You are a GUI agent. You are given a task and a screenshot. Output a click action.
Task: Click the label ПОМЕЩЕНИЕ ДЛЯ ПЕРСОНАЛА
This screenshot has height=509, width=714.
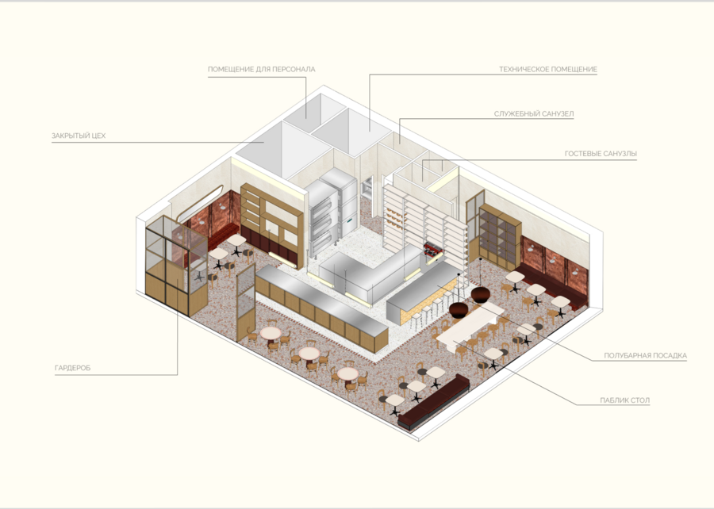point(261,70)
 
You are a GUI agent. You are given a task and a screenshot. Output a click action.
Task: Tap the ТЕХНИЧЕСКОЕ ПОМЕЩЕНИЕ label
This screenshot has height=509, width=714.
point(547,70)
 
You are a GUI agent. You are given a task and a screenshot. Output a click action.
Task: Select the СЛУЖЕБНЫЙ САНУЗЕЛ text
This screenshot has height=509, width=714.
point(534,113)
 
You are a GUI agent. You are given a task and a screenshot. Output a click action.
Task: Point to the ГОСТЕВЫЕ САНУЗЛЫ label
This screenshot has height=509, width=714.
point(601,154)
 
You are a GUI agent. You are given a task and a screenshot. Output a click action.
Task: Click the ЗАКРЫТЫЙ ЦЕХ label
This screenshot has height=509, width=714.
point(79,136)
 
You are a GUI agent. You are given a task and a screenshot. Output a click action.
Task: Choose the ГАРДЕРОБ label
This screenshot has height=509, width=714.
point(72,368)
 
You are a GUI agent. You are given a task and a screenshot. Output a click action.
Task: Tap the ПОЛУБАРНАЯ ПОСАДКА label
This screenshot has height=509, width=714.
point(645,356)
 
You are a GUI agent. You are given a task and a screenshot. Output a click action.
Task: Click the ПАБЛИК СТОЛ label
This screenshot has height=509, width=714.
point(625,400)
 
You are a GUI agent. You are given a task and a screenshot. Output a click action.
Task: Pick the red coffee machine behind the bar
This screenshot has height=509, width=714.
point(432,250)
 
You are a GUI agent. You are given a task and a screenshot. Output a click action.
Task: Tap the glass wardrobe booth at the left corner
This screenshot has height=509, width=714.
point(175,264)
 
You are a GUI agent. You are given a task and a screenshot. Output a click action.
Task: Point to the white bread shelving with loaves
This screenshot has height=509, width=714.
point(424,223)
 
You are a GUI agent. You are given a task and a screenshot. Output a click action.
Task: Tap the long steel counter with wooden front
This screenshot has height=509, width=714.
point(321,307)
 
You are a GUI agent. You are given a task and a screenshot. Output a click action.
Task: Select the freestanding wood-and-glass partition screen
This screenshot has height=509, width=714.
point(246,302)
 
